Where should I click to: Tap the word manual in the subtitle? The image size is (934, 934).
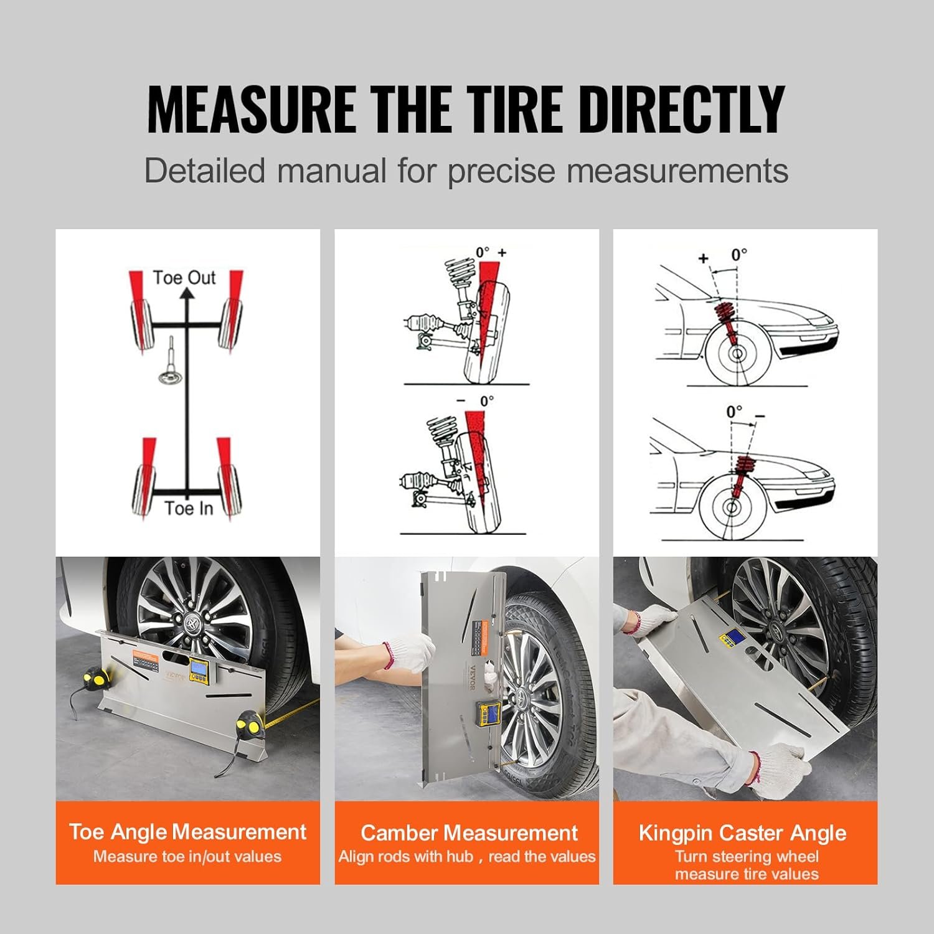click(331, 171)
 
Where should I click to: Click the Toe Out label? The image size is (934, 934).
click(184, 278)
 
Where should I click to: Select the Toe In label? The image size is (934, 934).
click(189, 508)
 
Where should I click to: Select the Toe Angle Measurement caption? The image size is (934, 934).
click(187, 832)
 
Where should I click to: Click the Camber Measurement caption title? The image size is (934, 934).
click(468, 833)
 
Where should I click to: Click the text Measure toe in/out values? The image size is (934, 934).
click(187, 856)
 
